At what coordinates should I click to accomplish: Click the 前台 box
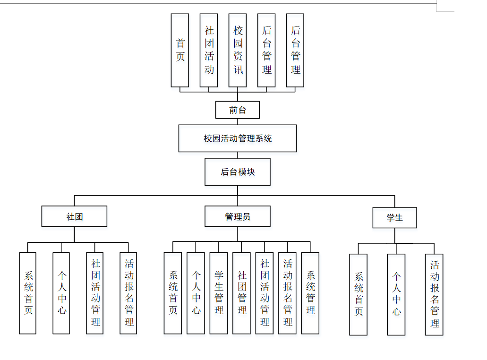(x=238, y=110)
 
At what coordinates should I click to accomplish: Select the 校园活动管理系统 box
(x=238, y=138)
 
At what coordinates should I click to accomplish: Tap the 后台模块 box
(x=238, y=172)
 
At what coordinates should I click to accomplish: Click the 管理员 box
(x=238, y=216)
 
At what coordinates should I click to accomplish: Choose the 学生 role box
(x=394, y=218)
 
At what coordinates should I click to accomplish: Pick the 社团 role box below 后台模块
(x=74, y=216)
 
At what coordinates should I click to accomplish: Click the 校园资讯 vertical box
(x=238, y=50)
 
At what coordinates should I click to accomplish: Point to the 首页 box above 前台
(x=180, y=50)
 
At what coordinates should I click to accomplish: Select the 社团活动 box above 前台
(x=209, y=50)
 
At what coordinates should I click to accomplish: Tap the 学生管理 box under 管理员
(x=219, y=293)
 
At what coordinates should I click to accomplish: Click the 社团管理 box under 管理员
(x=241, y=293)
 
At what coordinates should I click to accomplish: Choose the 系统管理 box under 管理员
(x=310, y=293)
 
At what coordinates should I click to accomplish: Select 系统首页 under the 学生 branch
(x=359, y=294)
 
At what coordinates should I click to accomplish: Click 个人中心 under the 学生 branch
(x=396, y=294)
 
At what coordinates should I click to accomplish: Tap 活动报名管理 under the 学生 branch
(x=434, y=294)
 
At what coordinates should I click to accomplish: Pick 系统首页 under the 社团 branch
(x=28, y=293)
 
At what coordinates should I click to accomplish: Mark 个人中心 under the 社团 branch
(x=61, y=293)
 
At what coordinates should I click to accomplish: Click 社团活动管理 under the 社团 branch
(x=95, y=293)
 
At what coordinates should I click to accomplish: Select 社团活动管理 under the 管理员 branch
(x=265, y=293)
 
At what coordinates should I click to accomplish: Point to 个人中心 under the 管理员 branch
(x=196, y=293)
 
